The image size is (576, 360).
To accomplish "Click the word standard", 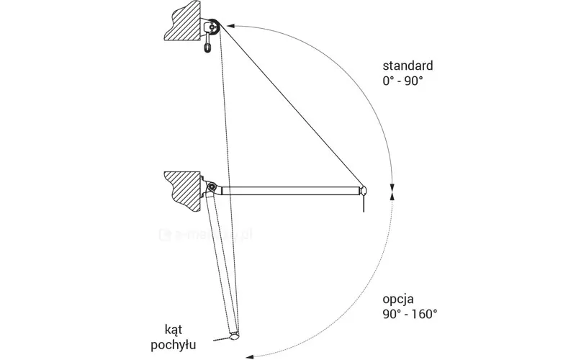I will click(x=408, y=66).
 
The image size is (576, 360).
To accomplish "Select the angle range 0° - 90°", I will click(x=402, y=81).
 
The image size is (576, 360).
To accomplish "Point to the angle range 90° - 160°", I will click(x=410, y=313).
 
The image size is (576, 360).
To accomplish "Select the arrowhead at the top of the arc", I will click(x=224, y=23).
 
